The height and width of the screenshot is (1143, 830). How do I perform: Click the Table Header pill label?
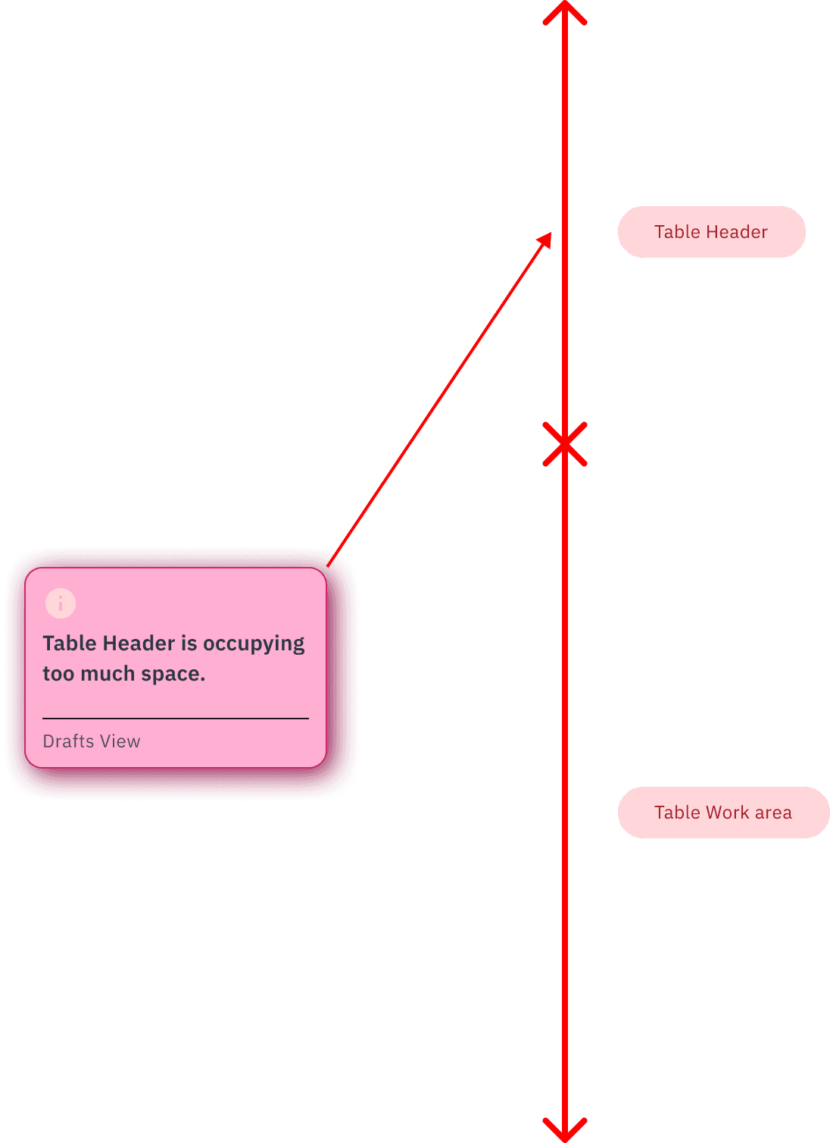tap(711, 232)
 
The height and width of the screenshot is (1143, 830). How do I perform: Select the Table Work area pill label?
tap(723, 813)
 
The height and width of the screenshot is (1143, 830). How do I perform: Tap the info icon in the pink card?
tap(61, 603)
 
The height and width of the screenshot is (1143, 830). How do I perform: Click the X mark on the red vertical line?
tap(565, 443)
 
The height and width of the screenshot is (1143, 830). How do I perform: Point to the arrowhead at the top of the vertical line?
tap(565, 11)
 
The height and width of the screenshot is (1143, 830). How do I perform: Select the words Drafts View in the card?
tap(92, 741)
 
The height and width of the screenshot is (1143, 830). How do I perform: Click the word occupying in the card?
tap(254, 644)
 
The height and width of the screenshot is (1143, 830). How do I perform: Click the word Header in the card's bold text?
tap(139, 644)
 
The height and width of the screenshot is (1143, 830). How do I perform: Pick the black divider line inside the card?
tap(176, 718)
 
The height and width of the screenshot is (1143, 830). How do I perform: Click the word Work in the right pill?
tap(727, 813)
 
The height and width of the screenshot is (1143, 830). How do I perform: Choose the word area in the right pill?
tap(772, 813)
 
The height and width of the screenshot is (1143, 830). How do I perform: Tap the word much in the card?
tap(108, 674)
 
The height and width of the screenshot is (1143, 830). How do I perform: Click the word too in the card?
tap(58, 674)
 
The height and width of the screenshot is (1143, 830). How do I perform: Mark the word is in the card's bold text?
tap(189, 644)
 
